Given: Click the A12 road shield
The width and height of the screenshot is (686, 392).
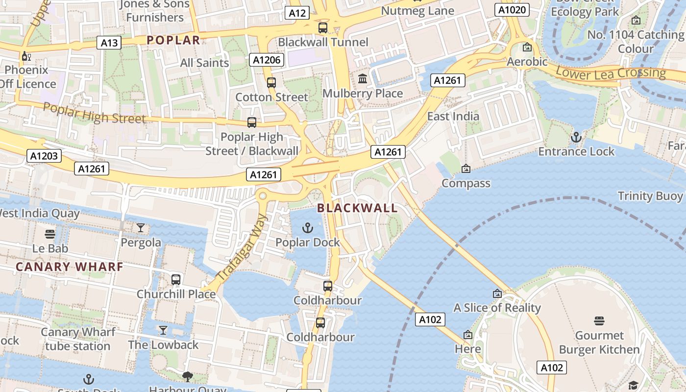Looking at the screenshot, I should click(x=297, y=13).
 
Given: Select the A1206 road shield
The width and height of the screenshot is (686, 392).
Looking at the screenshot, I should click(x=267, y=60).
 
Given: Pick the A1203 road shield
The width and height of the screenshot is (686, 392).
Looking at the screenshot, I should click(x=44, y=156).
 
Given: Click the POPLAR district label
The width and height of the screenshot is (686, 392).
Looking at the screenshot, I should click(x=173, y=40).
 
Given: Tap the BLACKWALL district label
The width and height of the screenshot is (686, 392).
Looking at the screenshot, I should click(x=357, y=208).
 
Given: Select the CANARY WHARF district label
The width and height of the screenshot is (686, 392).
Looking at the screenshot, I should click(x=70, y=267).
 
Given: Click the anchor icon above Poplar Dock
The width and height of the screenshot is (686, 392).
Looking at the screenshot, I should click(x=308, y=228).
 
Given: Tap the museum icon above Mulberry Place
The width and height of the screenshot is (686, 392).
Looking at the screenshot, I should click(x=363, y=78).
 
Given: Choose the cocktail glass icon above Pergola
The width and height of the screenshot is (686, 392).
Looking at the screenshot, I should click(x=141, y=228).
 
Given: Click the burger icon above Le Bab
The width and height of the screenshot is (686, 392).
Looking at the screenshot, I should click(x=49, y=234).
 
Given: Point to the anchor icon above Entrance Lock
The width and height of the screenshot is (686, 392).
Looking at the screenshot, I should click(x=576, y=137).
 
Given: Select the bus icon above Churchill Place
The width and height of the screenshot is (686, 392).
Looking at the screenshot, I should click(x=176, y=280).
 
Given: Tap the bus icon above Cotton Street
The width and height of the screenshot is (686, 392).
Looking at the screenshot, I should click(x=271, y=83).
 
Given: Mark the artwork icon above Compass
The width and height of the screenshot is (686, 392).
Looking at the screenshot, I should click(x=466, y=169).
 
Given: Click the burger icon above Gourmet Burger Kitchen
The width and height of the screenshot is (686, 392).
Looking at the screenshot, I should click(x=599, y=321).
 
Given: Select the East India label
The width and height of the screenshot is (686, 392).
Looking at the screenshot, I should click(x=453, y=116).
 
